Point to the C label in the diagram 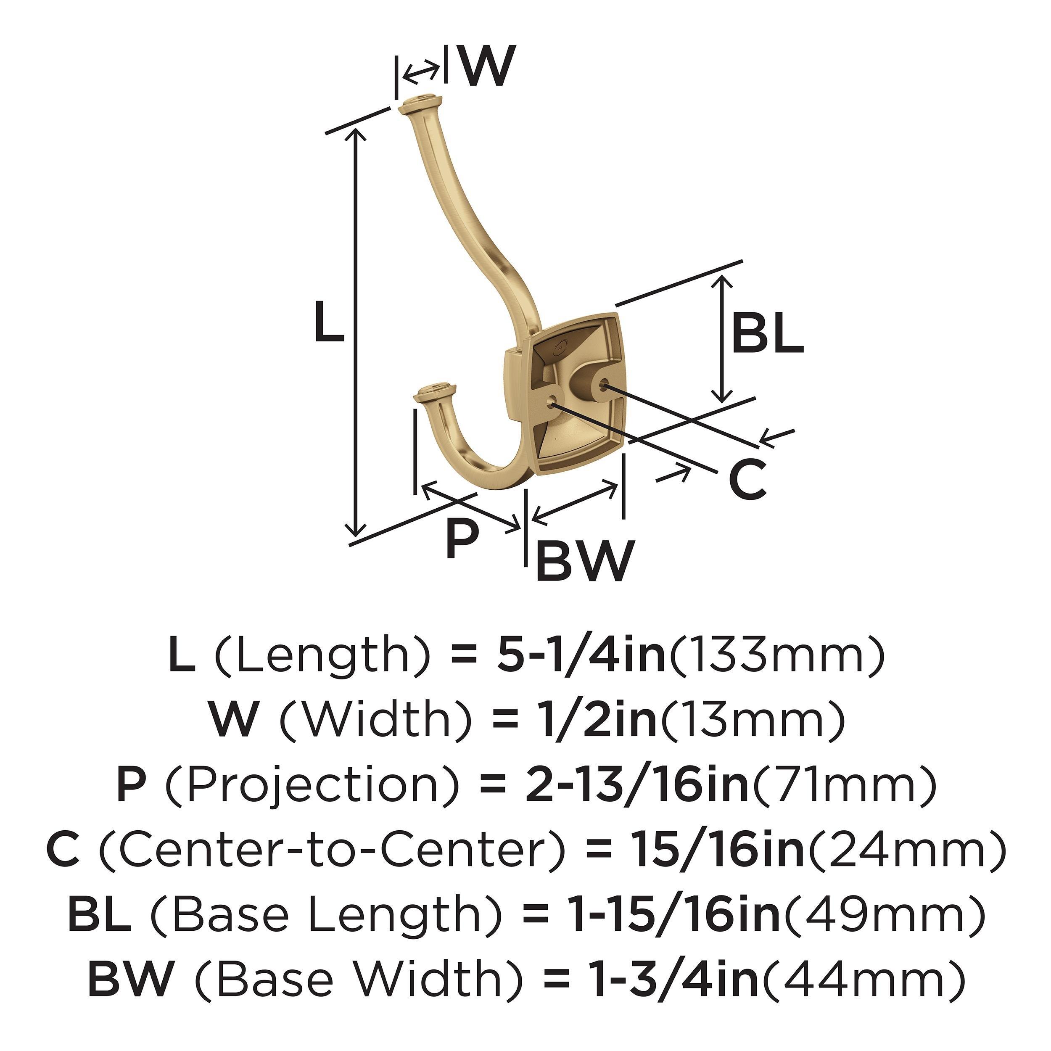click(x=747, y=479)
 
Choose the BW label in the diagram click(x=585, y=560)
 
